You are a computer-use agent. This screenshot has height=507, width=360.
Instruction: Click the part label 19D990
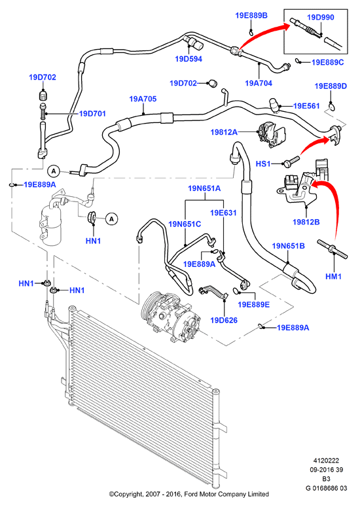pos(320,17)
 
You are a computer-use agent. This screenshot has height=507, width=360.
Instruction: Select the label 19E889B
pos(251,15)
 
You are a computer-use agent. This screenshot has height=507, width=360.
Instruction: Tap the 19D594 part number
pos(189,59)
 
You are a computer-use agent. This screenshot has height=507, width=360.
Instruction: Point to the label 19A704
pos(259,83)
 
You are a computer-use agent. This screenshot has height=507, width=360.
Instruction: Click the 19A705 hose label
pos(143,99)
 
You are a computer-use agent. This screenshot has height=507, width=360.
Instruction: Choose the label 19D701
pos(92,113)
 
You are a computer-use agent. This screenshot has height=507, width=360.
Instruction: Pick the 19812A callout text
pos(224,132)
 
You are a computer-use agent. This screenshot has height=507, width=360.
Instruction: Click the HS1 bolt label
pos(263,164)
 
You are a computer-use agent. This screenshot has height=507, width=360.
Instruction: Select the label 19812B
pos(306,222)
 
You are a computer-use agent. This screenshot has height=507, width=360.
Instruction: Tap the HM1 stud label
pos(333,277)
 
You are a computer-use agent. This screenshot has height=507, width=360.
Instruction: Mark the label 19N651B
pos(289,246)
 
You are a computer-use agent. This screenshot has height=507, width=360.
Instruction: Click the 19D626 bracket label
pos(224,320)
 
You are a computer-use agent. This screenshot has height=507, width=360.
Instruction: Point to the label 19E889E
pos(253,305)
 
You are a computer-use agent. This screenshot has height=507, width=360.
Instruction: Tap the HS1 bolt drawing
pos(291,162)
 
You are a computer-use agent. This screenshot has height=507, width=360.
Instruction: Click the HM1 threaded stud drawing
pos(333,249)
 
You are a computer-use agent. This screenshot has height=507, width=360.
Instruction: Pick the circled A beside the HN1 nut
pos(111,219)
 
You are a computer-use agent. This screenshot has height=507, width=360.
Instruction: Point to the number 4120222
pos(327,461)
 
